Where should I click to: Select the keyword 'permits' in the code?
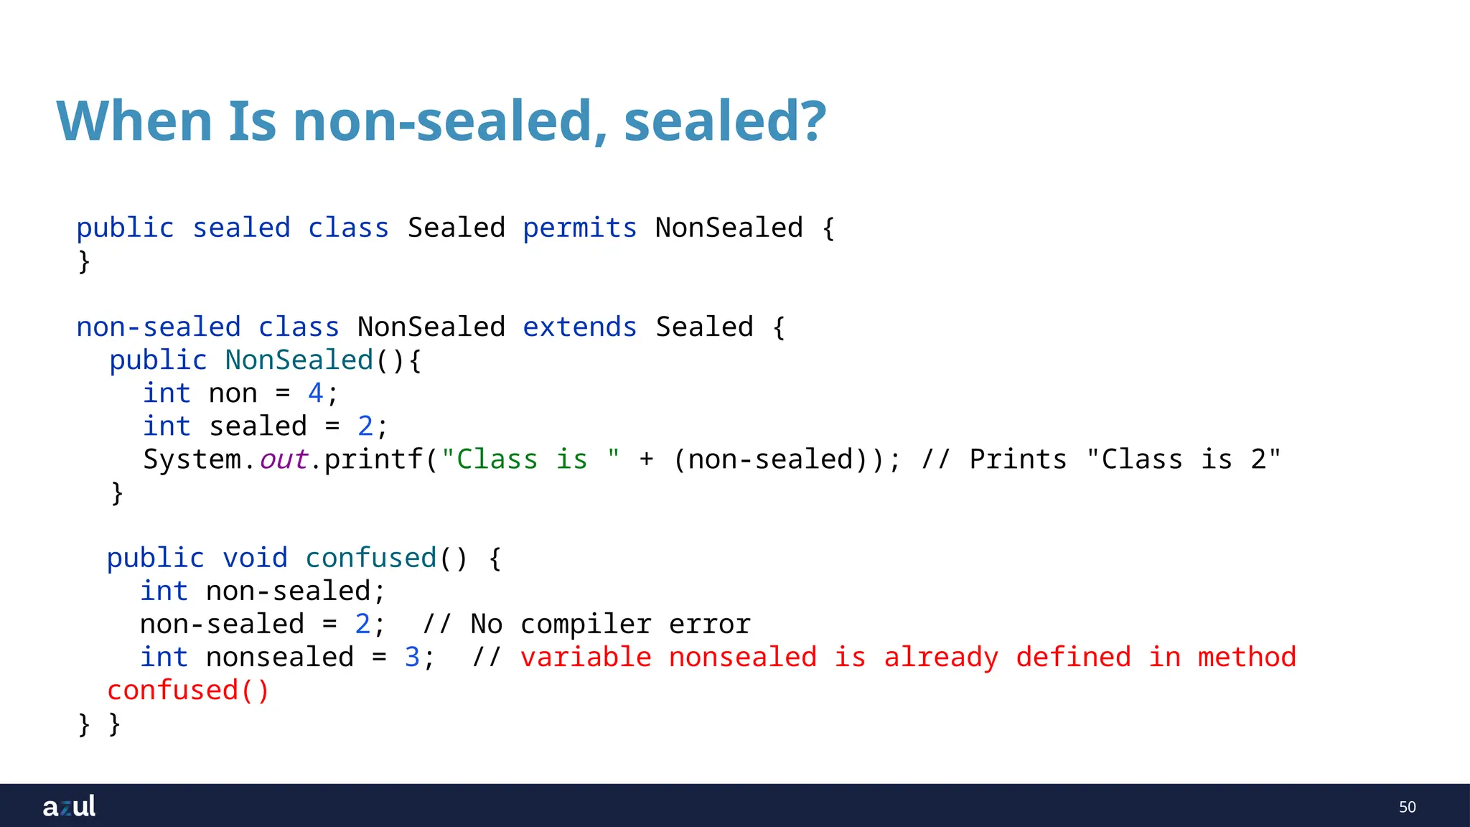click(x=579, y=228)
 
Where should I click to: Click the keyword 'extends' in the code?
click(x=579, y=327)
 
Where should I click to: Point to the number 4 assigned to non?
click(x=315, y=393)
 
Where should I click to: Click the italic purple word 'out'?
click(x=284, y=459)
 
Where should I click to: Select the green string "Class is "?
click(x=530, y=459)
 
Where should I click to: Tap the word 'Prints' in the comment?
click(x=1018, y=459)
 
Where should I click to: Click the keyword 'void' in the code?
click(x=255, y=559)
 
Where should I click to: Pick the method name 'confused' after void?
click(x=371, y=559)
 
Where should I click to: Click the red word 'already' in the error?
click(x=940, y=658)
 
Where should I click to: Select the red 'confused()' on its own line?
click(x=188, y=691)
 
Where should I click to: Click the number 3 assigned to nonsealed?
click(x=412, y=658)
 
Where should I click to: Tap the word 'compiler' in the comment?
click(x=586, y=625)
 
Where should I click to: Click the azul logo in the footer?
click(x=69, y=806)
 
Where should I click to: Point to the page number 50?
click(x=1407, y=807)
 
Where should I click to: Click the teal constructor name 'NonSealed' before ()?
click(x=299, y=360)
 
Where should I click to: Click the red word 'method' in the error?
click(x=1247, y=658)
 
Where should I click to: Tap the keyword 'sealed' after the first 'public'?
click(x=241, y=228)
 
